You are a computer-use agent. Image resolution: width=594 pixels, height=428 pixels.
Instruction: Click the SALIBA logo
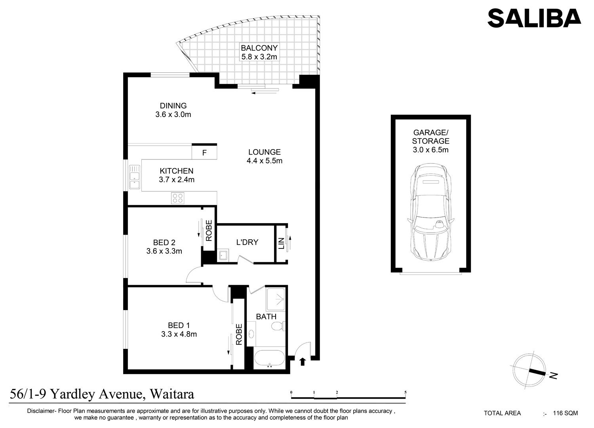[534, 18]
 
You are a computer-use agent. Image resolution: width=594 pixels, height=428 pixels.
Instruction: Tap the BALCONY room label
[259, 48]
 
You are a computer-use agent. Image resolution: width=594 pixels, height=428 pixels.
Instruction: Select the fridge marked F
[204, 153]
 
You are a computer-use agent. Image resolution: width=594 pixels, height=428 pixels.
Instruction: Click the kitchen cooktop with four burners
[178, 198]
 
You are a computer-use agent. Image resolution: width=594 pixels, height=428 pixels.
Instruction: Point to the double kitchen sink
[135, 177]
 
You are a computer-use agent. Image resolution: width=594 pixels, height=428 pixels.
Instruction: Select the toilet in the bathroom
[278, 326]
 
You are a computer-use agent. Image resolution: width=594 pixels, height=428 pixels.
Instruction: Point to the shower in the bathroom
[276, 299]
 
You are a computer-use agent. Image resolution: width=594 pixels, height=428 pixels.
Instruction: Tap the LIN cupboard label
[281, 243]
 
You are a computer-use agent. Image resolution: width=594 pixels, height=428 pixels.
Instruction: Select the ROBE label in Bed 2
[209, 231]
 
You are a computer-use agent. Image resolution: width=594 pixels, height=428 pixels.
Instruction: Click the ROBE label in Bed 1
[239, 334]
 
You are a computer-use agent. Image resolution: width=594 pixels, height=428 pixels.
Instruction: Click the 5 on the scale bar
[406, 392]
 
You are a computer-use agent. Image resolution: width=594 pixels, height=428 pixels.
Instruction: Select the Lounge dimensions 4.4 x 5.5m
[265, 161]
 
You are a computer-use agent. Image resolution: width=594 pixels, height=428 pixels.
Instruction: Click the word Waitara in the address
[172, 394]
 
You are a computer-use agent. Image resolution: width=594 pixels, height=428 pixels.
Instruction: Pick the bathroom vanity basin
[251, 333]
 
